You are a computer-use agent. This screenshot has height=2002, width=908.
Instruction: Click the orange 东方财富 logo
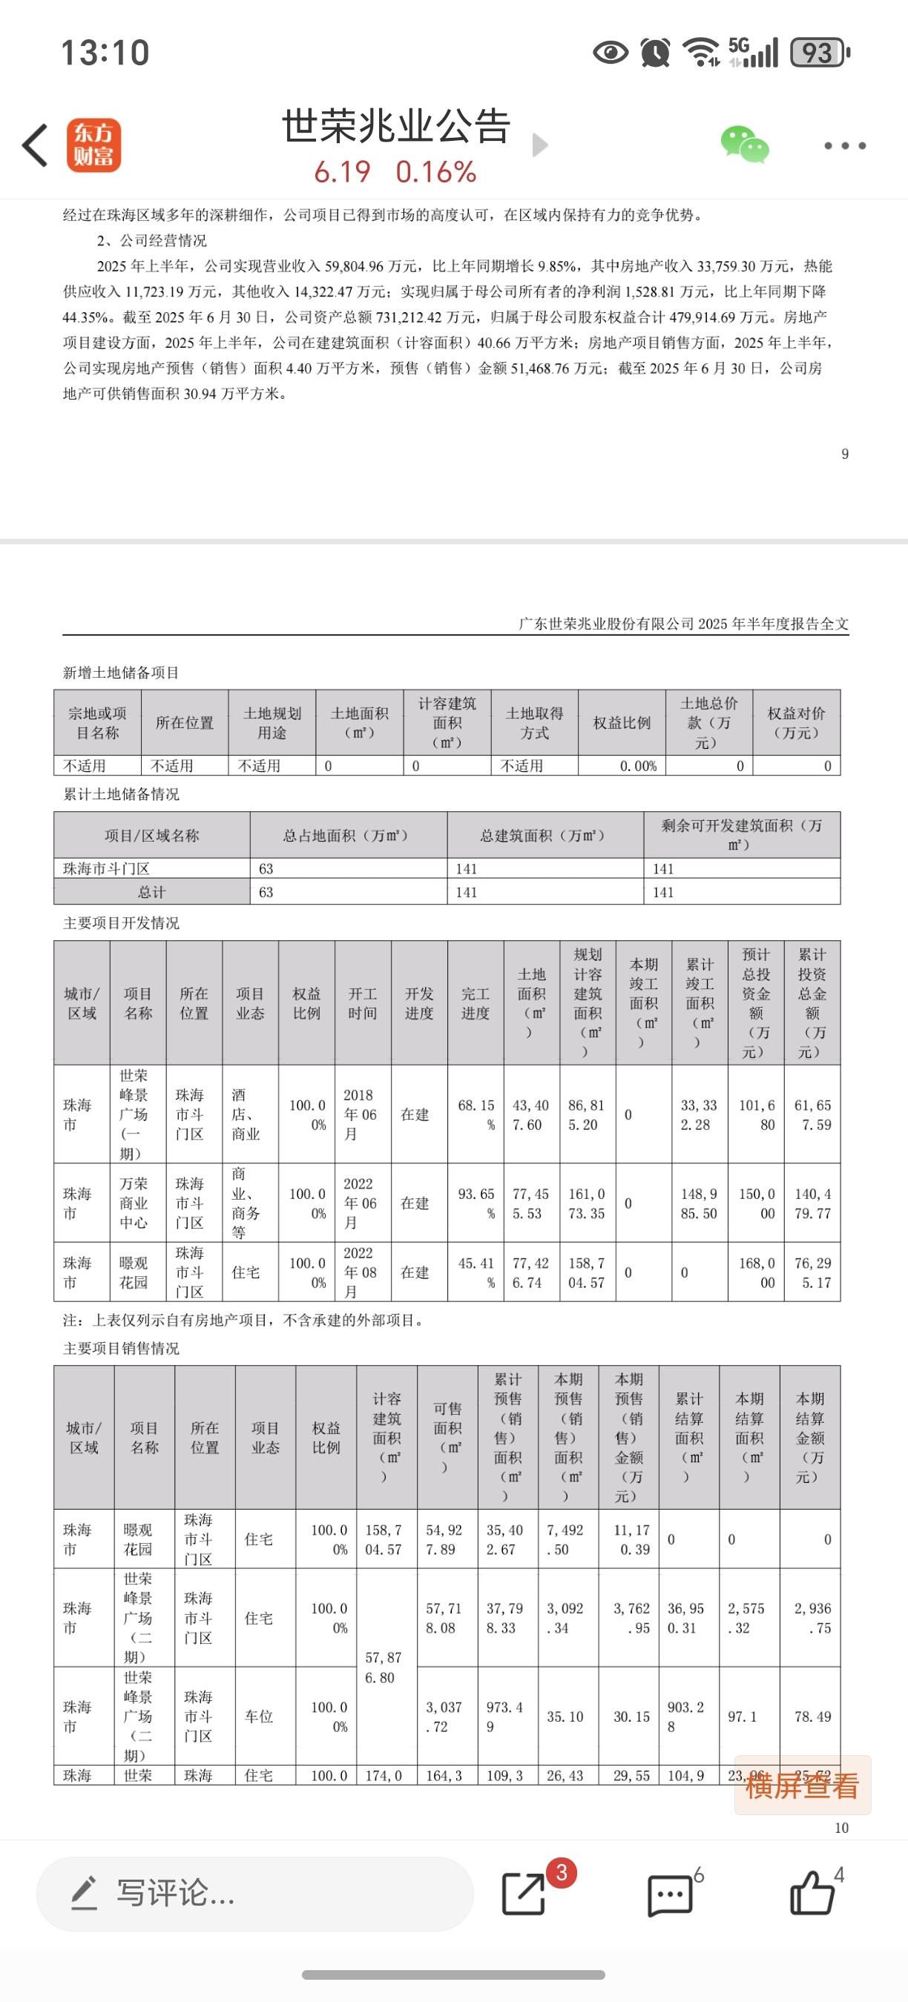[93, 145]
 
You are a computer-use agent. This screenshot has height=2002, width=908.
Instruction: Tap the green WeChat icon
[744, 145]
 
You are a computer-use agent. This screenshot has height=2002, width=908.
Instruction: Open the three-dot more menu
[844, 145]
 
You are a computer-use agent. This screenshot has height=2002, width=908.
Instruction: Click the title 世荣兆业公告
[395, 126]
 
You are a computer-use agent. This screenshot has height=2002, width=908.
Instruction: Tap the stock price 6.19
[342, 173]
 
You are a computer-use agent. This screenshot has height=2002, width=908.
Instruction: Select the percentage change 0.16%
[435, 173]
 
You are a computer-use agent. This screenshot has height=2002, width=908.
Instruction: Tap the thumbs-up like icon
[812, 1892]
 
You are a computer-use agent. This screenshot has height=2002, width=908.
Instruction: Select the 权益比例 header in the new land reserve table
[621, 723]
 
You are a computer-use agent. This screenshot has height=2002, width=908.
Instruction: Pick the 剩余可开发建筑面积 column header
[741, 835]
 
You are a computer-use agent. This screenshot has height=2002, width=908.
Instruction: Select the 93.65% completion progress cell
[476, 1203]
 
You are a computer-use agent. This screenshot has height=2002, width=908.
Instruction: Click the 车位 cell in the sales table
[265, 1716]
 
